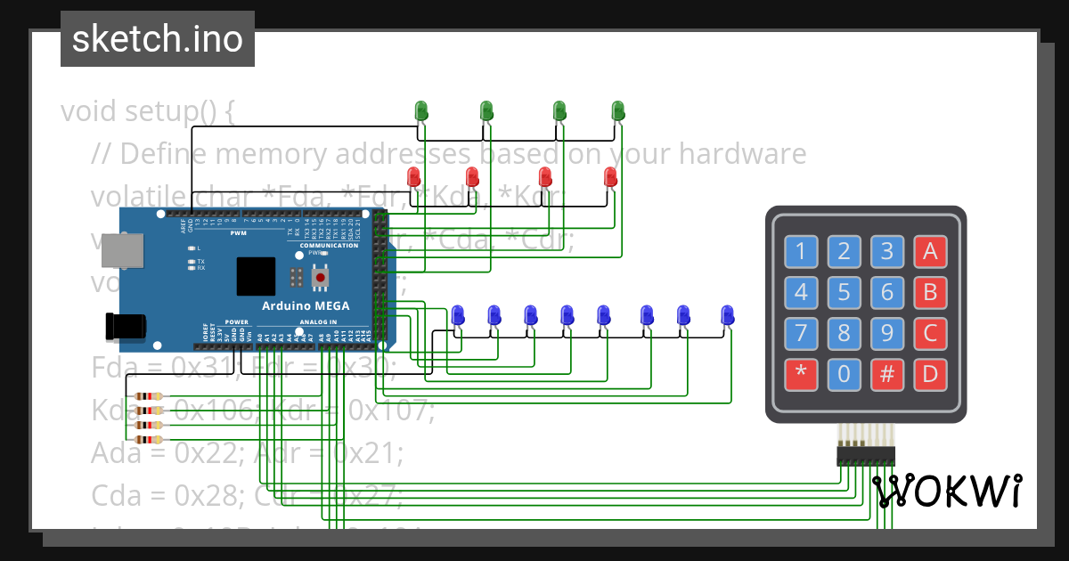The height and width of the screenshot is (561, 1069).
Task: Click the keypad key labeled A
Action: (x=930, y=252)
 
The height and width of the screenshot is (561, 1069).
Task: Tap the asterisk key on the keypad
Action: (x=801, y=373)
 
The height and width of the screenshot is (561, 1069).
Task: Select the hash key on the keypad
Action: (x=886, y=373)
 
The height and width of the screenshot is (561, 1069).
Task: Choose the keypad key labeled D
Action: (x=930, y=373)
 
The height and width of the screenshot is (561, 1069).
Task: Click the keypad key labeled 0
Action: (x=844, y=373)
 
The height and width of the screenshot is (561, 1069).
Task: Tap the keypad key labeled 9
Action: (x=886, y=333)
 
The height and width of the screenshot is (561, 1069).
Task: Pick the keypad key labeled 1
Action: (x=801, y=252)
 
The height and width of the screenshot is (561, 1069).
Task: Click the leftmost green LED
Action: (x=422, y=110)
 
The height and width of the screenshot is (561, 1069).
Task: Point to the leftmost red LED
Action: (x=414, y=176)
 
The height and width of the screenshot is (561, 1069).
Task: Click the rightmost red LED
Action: (x=610, y=176)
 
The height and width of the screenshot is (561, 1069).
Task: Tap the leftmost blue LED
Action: (x=458, y=314)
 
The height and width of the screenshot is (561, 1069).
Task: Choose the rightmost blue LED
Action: (x=728, y=314)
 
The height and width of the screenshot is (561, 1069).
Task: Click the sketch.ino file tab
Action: (x=158, y=39)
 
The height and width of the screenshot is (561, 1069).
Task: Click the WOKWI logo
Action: (x=947, y=491)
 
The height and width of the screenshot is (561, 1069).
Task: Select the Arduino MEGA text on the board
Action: (x=306, y=305)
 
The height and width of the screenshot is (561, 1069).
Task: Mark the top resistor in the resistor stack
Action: (x=148, y=397)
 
